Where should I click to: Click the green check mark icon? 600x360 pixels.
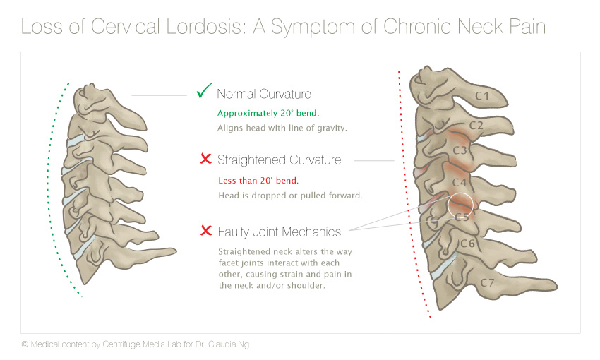point(203,92)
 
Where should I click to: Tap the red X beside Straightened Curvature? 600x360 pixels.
point(206,158)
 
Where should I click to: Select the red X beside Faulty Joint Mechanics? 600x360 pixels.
point(206,230)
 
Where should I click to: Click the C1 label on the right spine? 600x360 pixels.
point(482,95)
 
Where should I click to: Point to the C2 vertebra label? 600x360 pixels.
point(476,125)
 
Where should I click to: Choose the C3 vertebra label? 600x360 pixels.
point(460,150)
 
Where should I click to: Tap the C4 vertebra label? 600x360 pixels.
point(460,183)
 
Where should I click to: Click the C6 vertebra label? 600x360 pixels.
point(467,244)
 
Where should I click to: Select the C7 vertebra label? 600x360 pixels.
point(488,283)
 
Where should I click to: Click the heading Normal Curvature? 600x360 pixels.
point(264,94)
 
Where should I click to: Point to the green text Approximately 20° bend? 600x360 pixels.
point(268,113)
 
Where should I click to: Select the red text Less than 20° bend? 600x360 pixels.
point(258,181)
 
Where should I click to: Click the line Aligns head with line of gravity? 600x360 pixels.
point(282,128)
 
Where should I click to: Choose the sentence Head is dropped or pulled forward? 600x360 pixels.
point(290,196)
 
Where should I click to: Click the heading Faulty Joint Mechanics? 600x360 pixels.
point(280,232)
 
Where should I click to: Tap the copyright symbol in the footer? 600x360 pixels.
point(25,344)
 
